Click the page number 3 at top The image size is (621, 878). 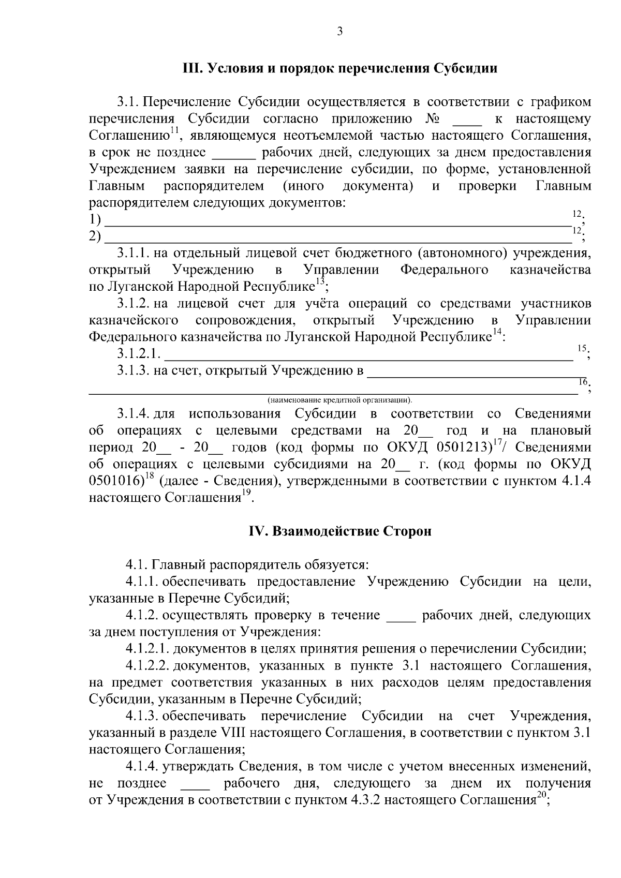click(339, 32)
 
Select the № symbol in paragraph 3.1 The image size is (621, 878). click(432, 119)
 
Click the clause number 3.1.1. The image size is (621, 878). click(134, 254)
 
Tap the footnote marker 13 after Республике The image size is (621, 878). click(320, 281)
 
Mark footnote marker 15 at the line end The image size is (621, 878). click(581, 349)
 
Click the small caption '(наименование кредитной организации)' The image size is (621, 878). click(339, 400)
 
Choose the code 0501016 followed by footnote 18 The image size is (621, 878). click(115, 481)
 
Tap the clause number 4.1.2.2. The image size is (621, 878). click(146, 665)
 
